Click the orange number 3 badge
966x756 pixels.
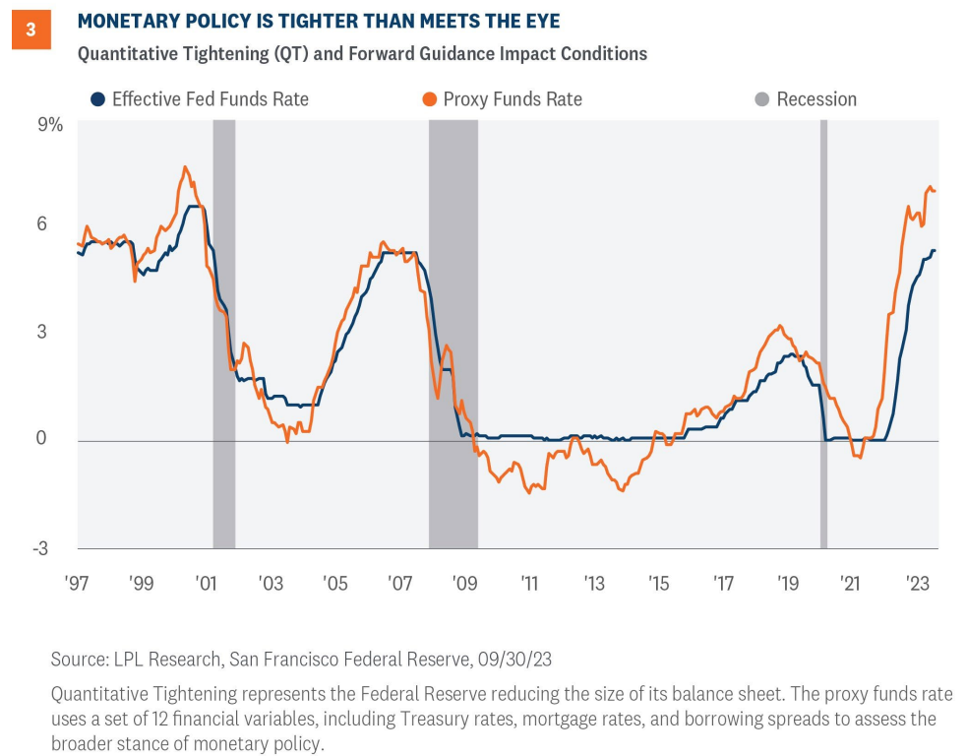tap(30, 31)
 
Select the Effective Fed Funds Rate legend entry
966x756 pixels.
tap(200, 99)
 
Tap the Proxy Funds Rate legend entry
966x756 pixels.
tap(504, 99)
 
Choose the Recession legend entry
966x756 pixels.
tap(807, 99)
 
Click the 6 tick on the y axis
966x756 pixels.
tap(57, 223)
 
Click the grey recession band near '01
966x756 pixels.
tap(224, 335)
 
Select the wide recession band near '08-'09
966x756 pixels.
tap(453, 335)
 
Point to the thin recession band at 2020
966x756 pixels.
tap(823, 335)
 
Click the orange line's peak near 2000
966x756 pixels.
tap(185, 167)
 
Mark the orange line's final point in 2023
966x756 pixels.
tap(935, 191)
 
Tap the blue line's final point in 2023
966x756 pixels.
tap(935, 250)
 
